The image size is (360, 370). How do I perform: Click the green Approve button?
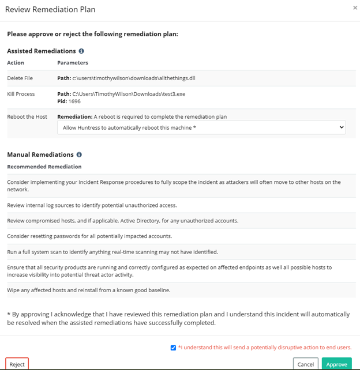[337, 364]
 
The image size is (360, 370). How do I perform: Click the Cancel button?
[306, 364]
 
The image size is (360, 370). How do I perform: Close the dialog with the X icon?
[355, 8]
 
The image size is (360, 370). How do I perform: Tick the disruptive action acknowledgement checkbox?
[174, 348]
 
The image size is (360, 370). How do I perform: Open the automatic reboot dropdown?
[201, 127]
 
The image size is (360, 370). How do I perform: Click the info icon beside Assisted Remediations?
[81, 51]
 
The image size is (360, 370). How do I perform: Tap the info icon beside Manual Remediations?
[79, 154]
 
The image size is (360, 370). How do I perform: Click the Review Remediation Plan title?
[50, 9]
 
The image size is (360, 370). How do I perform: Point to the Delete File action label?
[21, 78]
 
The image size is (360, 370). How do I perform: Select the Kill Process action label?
[21, 93]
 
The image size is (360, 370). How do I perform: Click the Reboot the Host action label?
[27, 116]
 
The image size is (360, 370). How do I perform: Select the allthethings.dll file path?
[137, 78]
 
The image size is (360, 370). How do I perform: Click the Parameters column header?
[73, 63]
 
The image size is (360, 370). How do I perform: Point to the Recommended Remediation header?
[44, 167]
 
